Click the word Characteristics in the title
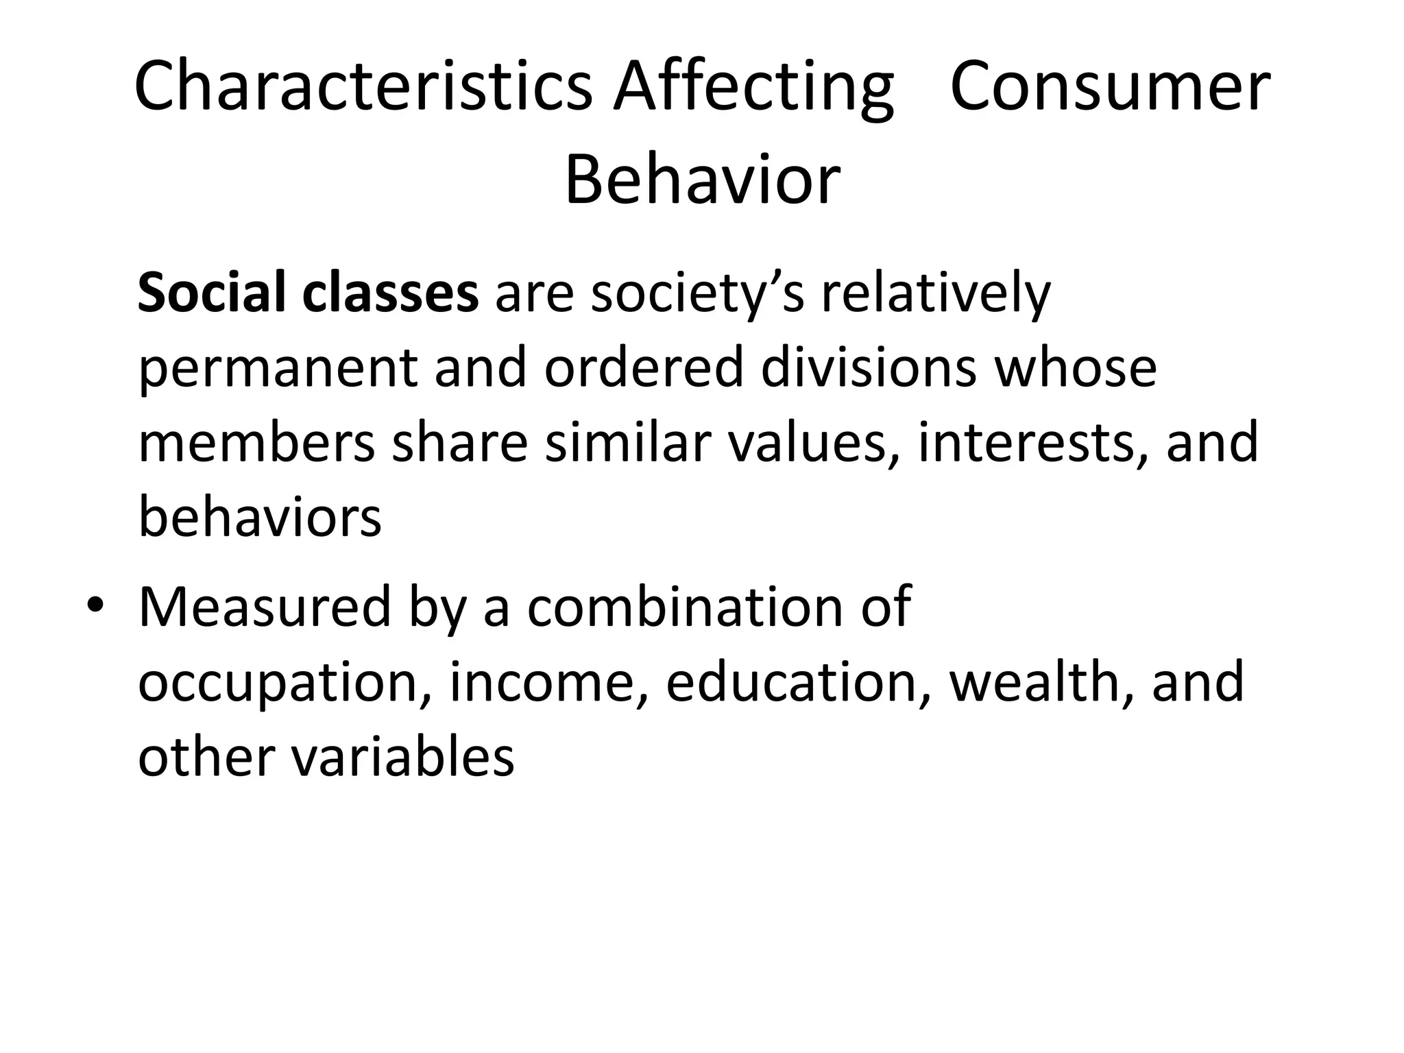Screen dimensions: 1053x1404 [x=363, y=87]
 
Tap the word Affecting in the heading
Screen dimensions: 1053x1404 [x=753, y=87]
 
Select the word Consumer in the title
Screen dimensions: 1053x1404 [x=1111, y=87]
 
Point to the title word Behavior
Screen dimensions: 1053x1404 [x=702, y=180]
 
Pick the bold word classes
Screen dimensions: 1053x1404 [x=390, y=293]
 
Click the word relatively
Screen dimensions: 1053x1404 [x=936, y=293]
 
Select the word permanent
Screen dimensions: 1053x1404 [x=278, y=368]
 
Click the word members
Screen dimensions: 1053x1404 [x=256, y=442]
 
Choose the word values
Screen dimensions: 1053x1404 [x=812, y=442]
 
